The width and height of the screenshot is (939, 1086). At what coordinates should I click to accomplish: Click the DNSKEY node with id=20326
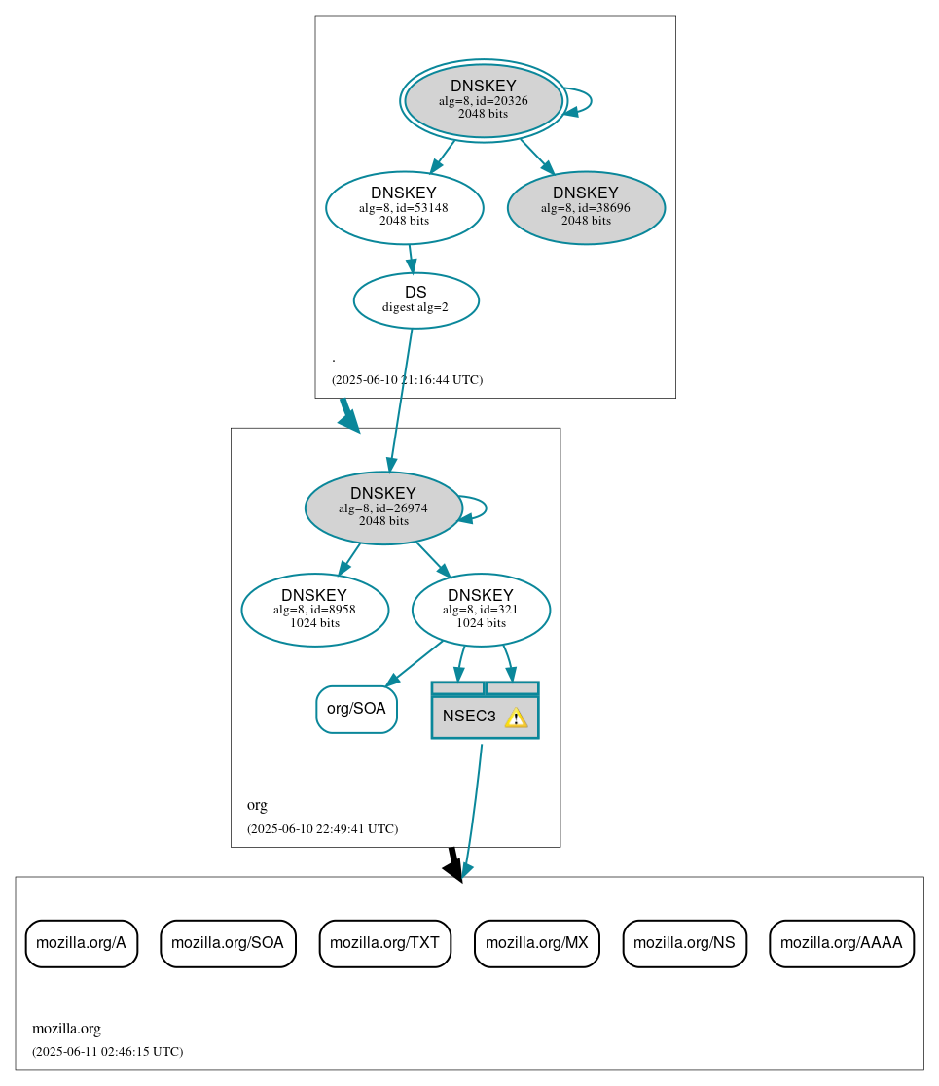coord(483,100)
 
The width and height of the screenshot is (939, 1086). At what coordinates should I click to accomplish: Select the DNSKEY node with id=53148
coord(404,207)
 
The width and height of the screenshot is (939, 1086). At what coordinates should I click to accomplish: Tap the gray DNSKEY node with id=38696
coord(586,207)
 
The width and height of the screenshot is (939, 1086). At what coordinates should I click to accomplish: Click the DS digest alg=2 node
coord(415,300)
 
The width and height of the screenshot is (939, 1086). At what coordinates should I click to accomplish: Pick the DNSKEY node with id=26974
coord(382,508)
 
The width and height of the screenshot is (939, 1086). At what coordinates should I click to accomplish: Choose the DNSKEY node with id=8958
coord(314,610)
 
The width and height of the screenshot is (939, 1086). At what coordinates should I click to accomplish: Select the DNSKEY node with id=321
coord(481,610)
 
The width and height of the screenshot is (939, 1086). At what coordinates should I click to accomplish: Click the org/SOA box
coord(356,709)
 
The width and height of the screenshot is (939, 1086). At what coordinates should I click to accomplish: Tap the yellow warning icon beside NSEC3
coord(516,718)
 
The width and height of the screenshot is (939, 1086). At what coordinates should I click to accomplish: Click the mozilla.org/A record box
coord(81,943)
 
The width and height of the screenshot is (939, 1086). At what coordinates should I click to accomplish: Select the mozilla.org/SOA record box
coord(228,943)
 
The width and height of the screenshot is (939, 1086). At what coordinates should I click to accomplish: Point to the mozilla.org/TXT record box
coord(384,943)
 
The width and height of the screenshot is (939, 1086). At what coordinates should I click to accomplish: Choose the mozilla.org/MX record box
coord(536,943)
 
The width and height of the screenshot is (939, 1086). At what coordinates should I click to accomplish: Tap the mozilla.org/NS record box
coord(684,943)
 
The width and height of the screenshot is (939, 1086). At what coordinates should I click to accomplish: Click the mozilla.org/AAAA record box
coord(841,943)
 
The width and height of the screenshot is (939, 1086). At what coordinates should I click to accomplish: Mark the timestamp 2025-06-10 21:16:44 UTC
coord(407,380)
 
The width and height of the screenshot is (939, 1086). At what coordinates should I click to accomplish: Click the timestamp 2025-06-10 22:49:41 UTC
coord(322,829)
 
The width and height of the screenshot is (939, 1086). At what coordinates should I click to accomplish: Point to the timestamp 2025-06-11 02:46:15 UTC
coord(107,1052)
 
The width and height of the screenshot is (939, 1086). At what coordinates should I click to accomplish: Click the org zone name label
coord(257,805)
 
